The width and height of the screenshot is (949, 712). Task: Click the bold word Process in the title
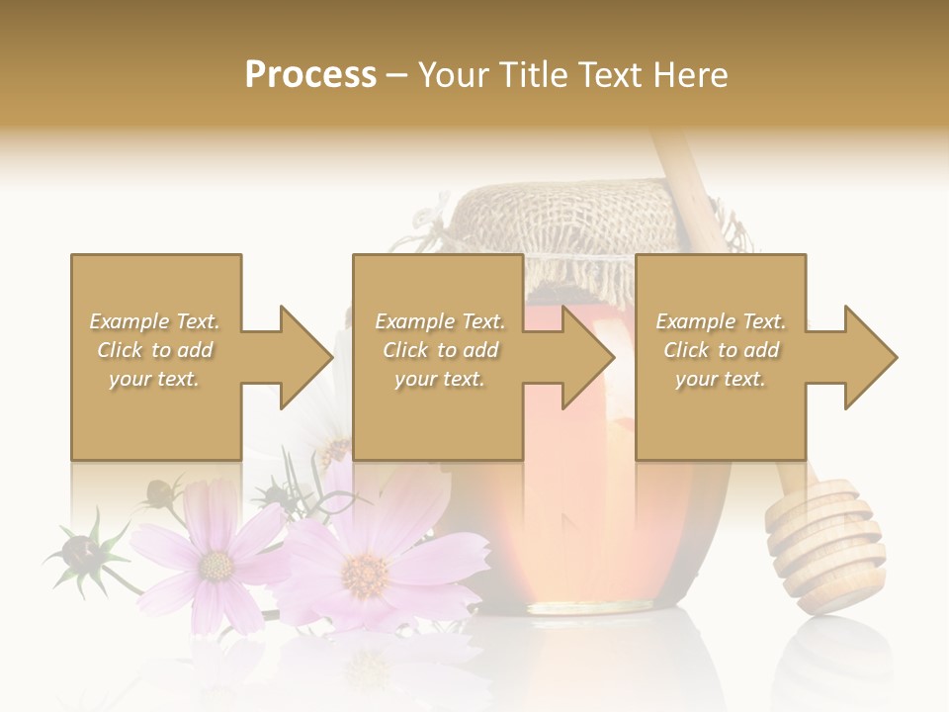[x=310, y=75]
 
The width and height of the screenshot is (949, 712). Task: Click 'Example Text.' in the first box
[x=154, y=321]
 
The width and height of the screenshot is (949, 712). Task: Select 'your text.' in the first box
[x=154, y=379]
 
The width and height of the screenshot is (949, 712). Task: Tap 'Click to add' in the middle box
[x=440, y=350]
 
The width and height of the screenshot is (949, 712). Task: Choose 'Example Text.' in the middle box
[x=440, y=321]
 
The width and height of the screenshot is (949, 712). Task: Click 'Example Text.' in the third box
[x=721, y=321]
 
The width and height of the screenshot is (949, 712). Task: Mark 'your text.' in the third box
[x=721, y=379]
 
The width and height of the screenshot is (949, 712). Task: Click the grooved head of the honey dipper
[x=826, y=544]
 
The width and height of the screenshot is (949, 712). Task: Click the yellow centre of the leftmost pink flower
[x=215, y=566]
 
